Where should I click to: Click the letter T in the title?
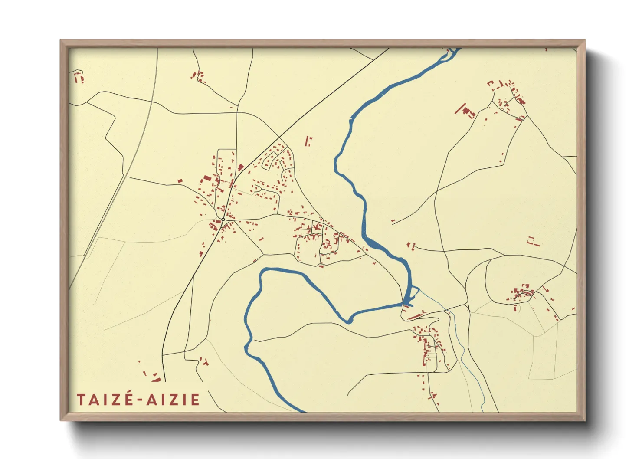(81, 400)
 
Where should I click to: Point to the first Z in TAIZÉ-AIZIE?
(116, 400)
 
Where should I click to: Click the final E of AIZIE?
(195, 400)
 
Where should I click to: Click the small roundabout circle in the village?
(223, 220)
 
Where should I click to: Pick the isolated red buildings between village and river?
(309, 141)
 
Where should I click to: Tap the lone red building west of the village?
(180, 180)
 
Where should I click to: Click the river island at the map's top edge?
(453, 52)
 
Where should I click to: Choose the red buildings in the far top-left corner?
(79, 78)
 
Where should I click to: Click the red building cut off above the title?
(156, 380)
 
